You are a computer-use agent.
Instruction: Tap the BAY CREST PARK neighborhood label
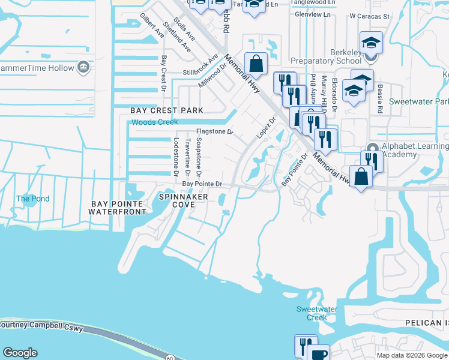coord(167,110)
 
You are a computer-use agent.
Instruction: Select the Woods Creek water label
coord(155,122)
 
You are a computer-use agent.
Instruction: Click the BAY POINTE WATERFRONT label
coord(118,208)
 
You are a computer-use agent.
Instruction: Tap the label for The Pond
coord(32,199)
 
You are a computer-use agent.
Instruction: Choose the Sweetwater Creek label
coord(317,313)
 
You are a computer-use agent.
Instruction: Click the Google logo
coord(20,353)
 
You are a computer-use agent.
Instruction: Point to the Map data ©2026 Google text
coord(411,355)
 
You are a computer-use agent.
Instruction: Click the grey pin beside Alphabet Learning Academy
coord(373,148)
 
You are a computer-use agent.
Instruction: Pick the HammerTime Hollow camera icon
coord(83,68)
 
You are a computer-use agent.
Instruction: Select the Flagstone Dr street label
coord(214,132)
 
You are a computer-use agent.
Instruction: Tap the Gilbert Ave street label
coord(152,25)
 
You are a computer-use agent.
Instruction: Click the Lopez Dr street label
coord(267,128)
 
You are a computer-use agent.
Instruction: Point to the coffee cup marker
coord(318,353)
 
